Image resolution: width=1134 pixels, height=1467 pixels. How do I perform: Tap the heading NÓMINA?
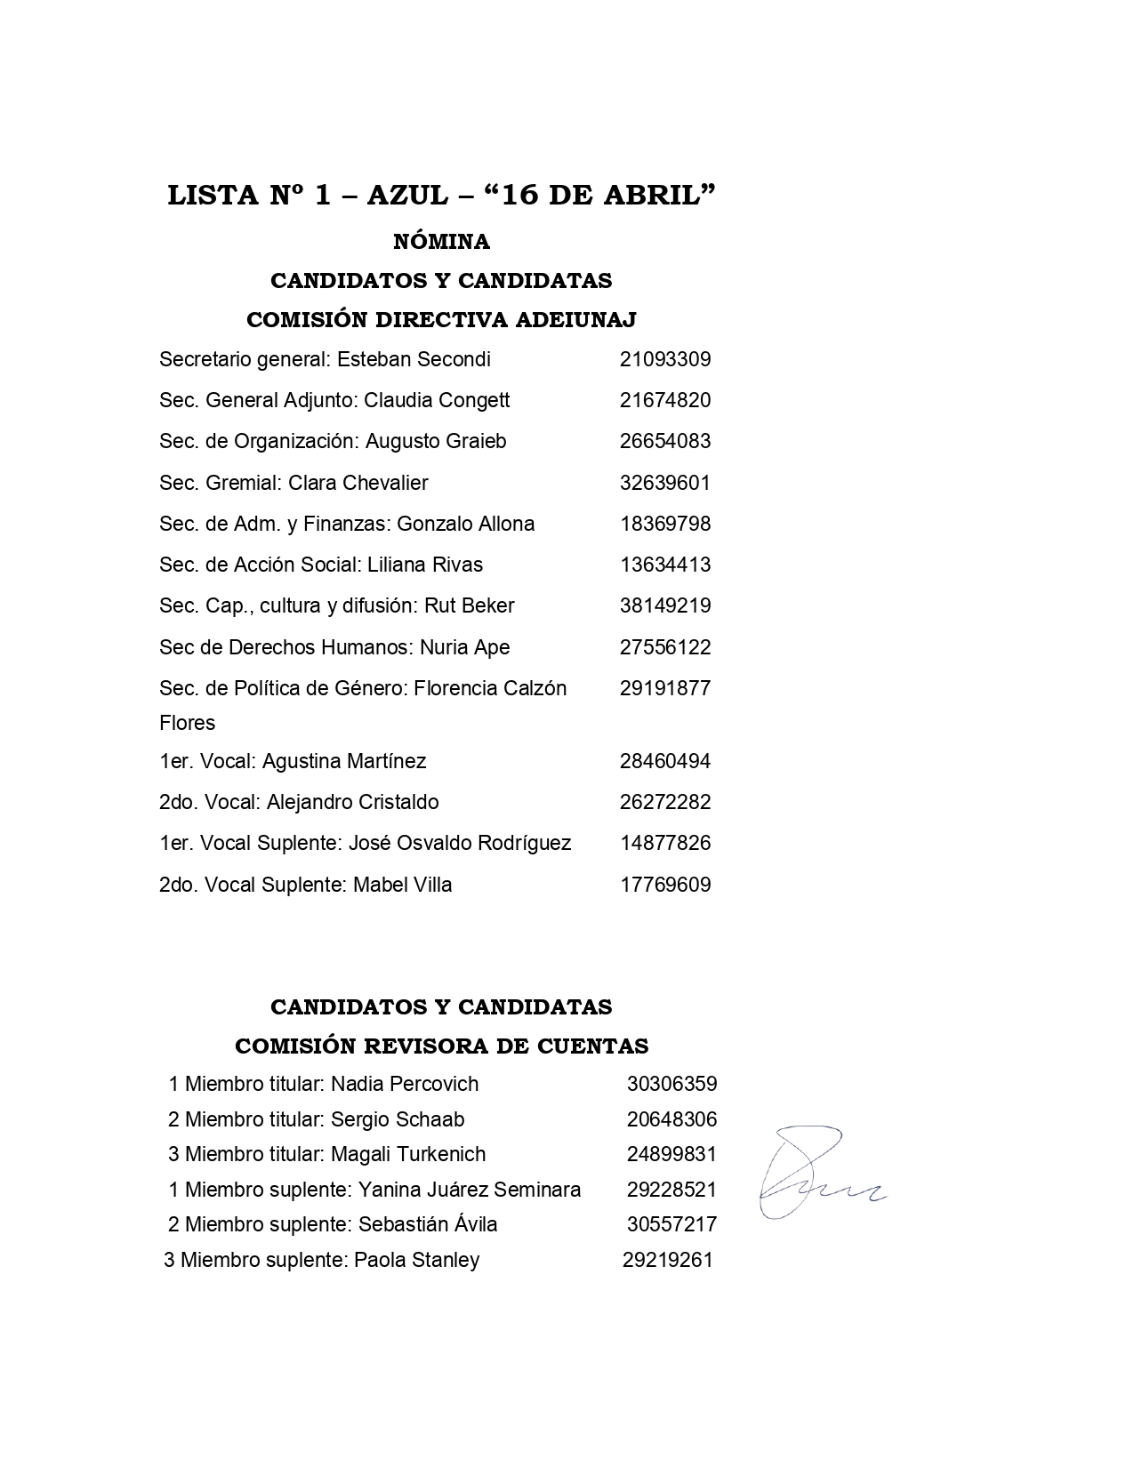tap(441, 242)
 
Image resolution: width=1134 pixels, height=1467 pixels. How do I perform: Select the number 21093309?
tap(665, 360)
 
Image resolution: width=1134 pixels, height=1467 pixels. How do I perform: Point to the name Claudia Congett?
tap(437, 401)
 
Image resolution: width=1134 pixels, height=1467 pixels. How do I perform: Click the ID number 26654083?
tap(665, 442)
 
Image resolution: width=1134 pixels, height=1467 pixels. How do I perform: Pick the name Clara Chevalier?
tap(358, 483)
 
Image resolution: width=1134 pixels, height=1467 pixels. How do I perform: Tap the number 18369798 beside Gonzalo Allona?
tap(665, 524)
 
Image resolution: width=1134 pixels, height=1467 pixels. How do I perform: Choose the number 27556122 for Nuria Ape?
tap(665, 647)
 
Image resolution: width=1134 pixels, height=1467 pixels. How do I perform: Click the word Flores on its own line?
tap(187, 723)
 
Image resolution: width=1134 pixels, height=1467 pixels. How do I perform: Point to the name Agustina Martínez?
tap(344, 761)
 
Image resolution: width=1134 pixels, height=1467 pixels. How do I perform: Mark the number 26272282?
tap(665, 802)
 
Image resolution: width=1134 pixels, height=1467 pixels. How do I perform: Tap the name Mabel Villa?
tap(403, 885)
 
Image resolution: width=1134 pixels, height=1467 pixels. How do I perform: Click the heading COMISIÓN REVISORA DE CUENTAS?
tap(441, 1046)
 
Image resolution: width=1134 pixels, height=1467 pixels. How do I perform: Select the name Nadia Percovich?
tap(405, 1084)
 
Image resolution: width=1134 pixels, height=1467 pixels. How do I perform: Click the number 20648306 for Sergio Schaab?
tap(672, 1119)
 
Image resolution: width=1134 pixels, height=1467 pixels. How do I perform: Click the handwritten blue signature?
tap(814, 1174)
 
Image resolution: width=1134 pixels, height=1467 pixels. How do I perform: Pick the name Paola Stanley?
tap(417, 1260)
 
